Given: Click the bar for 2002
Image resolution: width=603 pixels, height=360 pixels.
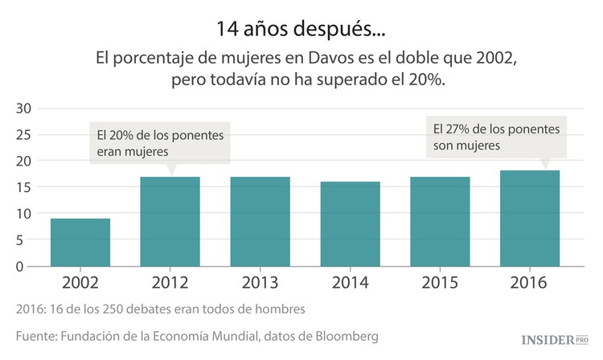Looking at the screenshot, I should coord(80,242).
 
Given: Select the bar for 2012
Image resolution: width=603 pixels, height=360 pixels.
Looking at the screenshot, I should coord(170,221).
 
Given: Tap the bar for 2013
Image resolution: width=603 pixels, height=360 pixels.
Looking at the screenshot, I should coord(260,221).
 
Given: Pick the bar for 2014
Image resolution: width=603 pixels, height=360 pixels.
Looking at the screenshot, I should coord(350,223).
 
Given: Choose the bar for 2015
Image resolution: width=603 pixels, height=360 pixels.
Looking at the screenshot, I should coord(440,221).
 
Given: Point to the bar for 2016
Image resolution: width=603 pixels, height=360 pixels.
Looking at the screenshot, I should coord(530,218).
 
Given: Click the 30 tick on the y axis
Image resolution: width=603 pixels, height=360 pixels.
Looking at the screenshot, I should coord(23,108).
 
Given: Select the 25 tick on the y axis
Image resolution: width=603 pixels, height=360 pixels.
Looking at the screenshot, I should coord(23,135).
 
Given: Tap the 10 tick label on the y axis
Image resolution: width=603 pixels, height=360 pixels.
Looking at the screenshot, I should coord(23,214).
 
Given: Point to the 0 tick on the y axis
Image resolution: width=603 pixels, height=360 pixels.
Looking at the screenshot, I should coord(27,267).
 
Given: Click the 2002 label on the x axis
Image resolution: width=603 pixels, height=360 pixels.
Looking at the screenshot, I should coord(80,283).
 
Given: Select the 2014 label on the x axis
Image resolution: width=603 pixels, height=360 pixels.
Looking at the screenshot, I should coord(350,283).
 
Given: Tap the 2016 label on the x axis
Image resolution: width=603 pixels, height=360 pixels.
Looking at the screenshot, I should coord(530,283).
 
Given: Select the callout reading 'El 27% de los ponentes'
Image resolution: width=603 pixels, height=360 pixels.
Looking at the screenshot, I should coord(495,137).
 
